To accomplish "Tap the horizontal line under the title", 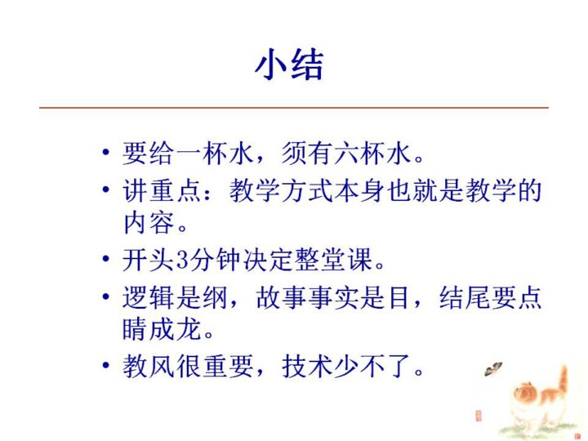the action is [294, 108].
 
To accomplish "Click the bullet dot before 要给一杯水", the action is [106, 152].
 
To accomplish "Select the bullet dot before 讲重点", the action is [106, 189].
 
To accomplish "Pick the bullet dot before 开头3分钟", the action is [106, 258].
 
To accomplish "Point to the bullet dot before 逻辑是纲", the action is [106, 296].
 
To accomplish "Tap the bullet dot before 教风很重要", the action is [106, 365].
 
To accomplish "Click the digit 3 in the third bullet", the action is [181, 259].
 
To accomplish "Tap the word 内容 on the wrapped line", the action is [149, 223].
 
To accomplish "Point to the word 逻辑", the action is [149, 297].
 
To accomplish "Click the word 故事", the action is [282, 297].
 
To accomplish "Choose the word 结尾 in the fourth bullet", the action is [465, 297].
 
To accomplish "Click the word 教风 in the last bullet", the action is [149, 366].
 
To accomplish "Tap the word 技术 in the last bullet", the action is [308, 366].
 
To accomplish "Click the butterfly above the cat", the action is [492, 369].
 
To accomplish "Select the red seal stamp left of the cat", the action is [478, 416].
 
